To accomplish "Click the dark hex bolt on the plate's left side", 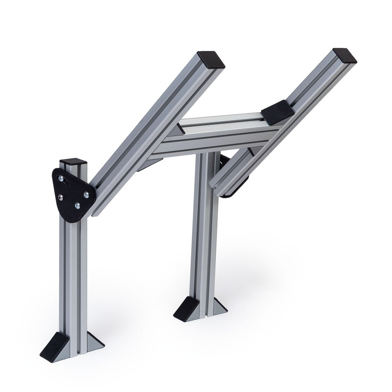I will click(60, 197).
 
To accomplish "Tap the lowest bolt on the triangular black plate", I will click(77, 206).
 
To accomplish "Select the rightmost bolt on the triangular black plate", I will click(86, 194).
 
